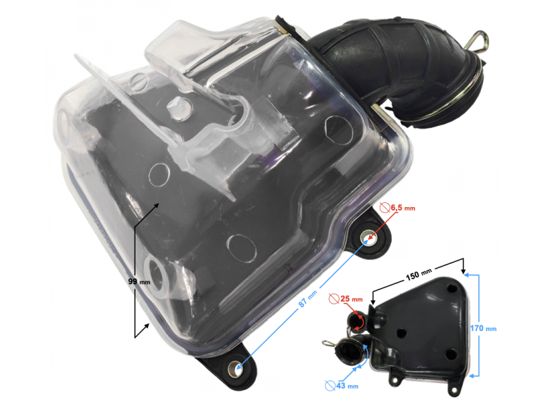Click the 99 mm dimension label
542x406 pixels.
[x=140, y=281]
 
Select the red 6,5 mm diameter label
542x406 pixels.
[x=402, y=208]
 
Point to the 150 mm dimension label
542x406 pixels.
[x=419, y=275]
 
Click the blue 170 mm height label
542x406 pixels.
[x=483, y=328]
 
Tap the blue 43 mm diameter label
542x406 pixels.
[x=347, y=385]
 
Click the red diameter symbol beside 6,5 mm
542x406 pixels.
[x=385, y=208]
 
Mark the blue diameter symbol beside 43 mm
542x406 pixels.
[x=330, y=385]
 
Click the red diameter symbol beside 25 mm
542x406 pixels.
[x=334, y=298]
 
